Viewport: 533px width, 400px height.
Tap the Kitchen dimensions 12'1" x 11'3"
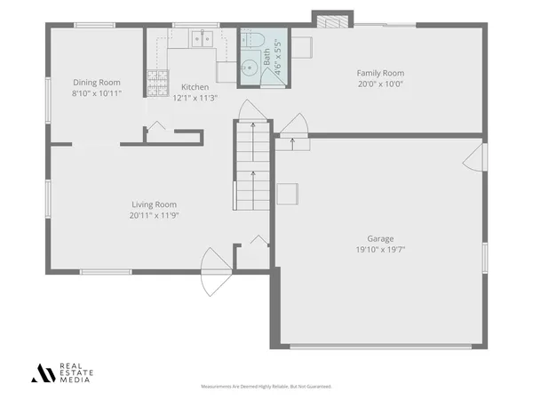pyautogui.click(x=195, y=98)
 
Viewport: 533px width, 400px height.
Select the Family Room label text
pyautogui.click(x=380, y=73)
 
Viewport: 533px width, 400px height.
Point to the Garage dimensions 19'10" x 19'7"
pyautogui.click(x=381, y=250)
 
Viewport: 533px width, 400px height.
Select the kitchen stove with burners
pyautogui.click(x=157, y=83)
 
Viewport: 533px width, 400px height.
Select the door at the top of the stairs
pyautogui.click(x=251, y=111)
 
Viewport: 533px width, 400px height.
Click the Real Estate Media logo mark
pyautogui.click(x=42, y=372)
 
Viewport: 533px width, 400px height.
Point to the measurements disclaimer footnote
pyautogui.click(x=266, y=387)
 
